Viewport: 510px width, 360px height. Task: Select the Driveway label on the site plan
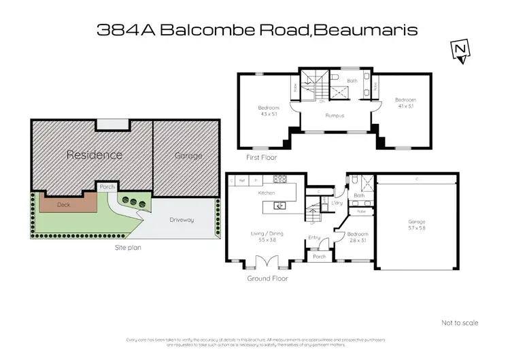(182, 220)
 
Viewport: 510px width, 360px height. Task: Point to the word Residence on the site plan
(94, 154)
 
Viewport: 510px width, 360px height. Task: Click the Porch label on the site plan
(107, 186)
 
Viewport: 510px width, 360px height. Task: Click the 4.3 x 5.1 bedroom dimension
(269, 114)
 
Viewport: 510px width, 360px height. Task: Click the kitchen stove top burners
(279, 180)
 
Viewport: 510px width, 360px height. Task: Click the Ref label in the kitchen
(243, 180)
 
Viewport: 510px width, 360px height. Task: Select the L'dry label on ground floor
(336, 203)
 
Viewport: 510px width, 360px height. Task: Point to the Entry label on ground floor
(314, 238)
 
